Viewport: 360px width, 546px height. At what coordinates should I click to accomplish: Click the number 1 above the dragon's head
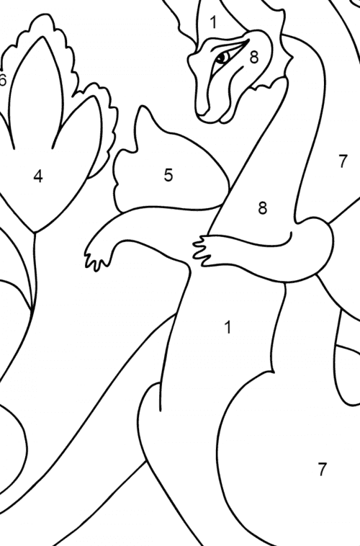(x=214, y=22)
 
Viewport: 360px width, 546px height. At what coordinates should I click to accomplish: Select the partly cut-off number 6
(x=3, y=80)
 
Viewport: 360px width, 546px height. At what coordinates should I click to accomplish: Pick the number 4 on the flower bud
(x=37, y=176)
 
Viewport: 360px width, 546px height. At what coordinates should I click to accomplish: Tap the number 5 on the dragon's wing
(x=168, y=175)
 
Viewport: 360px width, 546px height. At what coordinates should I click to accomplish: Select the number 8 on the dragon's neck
(x=262, y=208)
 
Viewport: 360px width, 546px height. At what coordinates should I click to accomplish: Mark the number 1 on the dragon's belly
(x=228, y=328)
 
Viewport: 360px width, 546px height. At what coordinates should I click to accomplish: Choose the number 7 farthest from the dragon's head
(x=322, y=470)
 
